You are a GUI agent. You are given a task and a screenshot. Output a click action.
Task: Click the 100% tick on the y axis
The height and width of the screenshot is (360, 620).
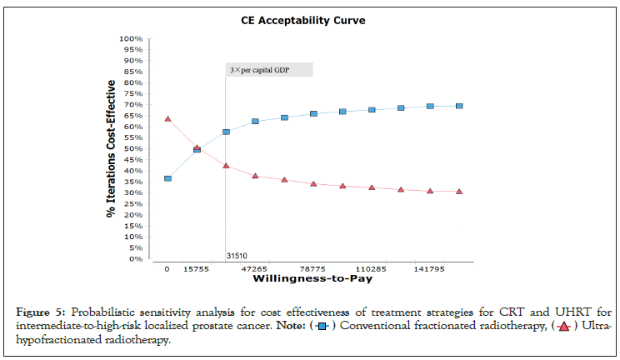[x=131, y=38]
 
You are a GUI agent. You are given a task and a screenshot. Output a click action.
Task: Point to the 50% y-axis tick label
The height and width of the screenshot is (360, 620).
[x=133, y=149]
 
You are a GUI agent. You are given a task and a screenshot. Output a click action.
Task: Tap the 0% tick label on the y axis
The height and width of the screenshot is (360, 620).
[x=135, y=259]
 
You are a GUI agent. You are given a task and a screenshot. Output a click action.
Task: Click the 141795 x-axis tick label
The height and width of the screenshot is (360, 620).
[x=429, y=270]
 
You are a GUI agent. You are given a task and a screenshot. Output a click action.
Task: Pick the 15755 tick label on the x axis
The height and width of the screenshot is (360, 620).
[x=196, y=270]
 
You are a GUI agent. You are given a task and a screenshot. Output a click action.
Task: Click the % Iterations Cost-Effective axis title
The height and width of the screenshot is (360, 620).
[x=110, y=149]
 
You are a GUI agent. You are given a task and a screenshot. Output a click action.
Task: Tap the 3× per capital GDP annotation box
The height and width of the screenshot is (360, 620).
[x=269, y=70]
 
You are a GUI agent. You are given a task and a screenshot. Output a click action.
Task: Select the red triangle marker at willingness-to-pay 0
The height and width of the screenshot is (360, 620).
[x=167, y=119]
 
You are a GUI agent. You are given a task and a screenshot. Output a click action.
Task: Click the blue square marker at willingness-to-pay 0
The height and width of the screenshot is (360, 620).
[x=167, y=178]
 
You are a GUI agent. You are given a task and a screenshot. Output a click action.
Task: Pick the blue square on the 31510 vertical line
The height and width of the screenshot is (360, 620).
[x=226, y=132]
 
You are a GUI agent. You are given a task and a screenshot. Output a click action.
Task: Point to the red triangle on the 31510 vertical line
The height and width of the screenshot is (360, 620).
[x=226, y=166]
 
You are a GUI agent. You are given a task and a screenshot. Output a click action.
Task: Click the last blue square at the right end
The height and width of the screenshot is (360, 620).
[x=459, y=106]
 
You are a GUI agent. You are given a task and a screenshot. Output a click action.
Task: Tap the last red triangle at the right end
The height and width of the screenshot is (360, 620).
[x=459, y=192]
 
